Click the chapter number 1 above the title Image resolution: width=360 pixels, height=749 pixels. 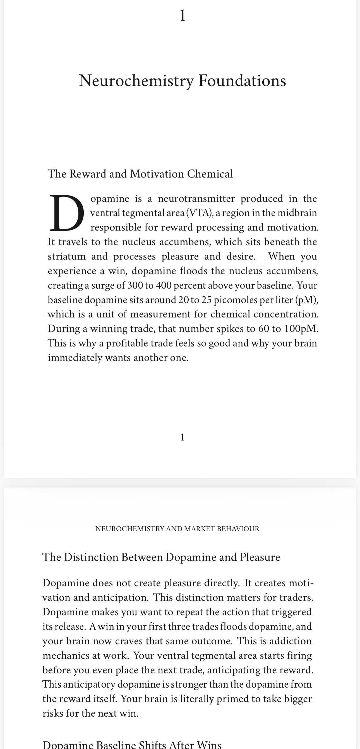pyautogui.click(x=182, y=15)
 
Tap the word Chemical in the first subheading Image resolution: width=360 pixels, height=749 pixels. pyautogui.click(x=210, y=174)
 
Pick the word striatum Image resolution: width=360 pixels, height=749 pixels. pyautogui.click(x=67, y=256)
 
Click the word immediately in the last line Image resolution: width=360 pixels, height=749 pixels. pyautogui.click(x=75, y=358)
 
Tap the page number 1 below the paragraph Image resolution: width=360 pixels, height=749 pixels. pyautogui.click(x=182, y=437)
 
